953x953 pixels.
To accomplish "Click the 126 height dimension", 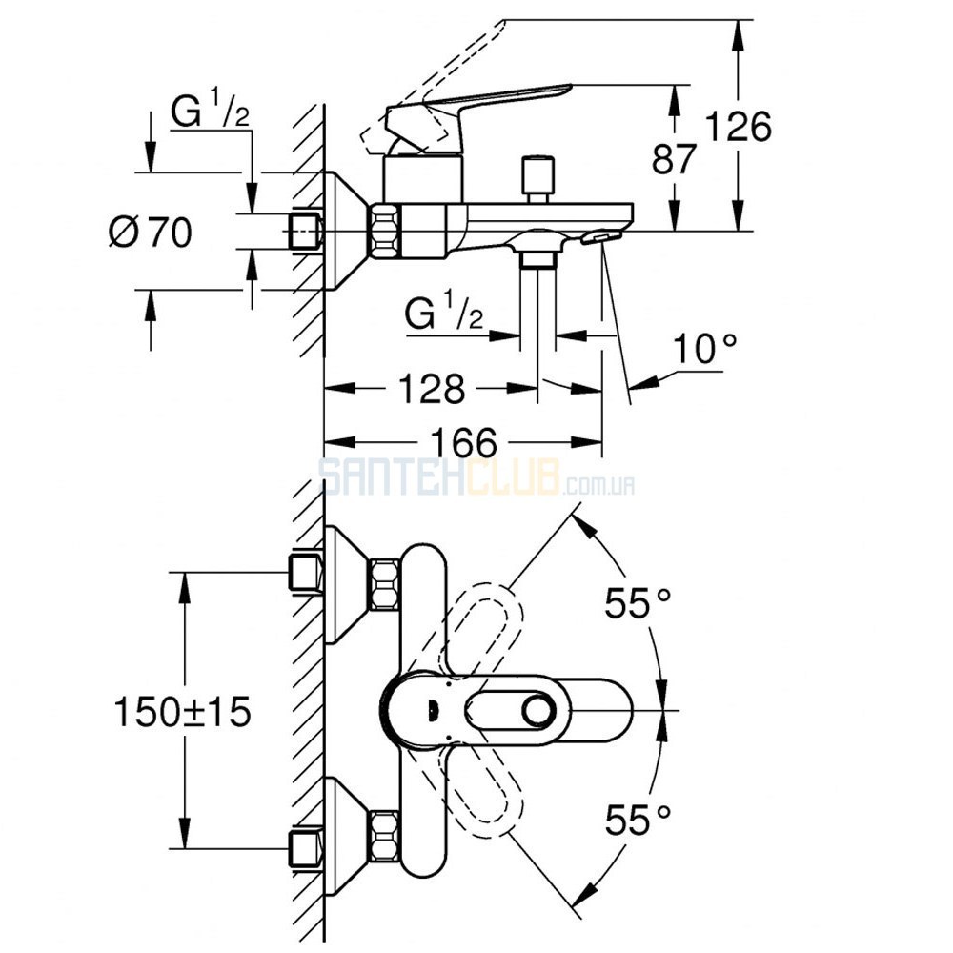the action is pyautogui.click(x=738, y=127).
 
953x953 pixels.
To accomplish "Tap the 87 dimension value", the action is pyautogui.click(x=674, y=159).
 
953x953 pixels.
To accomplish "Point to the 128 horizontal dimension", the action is pyautogui.click(x=432, y=389).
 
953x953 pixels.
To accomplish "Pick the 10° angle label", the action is pyautogui.click(x=704, y=349).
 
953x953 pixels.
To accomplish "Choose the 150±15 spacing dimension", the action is pyautogui.click(x=182, y=711).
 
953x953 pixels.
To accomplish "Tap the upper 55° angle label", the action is pyautogui.click(x=638, y=603).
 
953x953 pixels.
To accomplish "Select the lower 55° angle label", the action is pyautogui.click(x=638, y=820).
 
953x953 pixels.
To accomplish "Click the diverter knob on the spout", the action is pyautogui.click(x=538, y=180).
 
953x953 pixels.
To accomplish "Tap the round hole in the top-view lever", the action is pyautogui.click(x=538, y=711).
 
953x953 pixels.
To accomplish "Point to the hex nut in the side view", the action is pyautogui.click(x=385, y=232).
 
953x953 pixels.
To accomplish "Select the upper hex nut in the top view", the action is pyautogui.click(x=385, y=585).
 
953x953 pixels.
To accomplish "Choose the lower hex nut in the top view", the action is pyautogui.click(x=385, y=836).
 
